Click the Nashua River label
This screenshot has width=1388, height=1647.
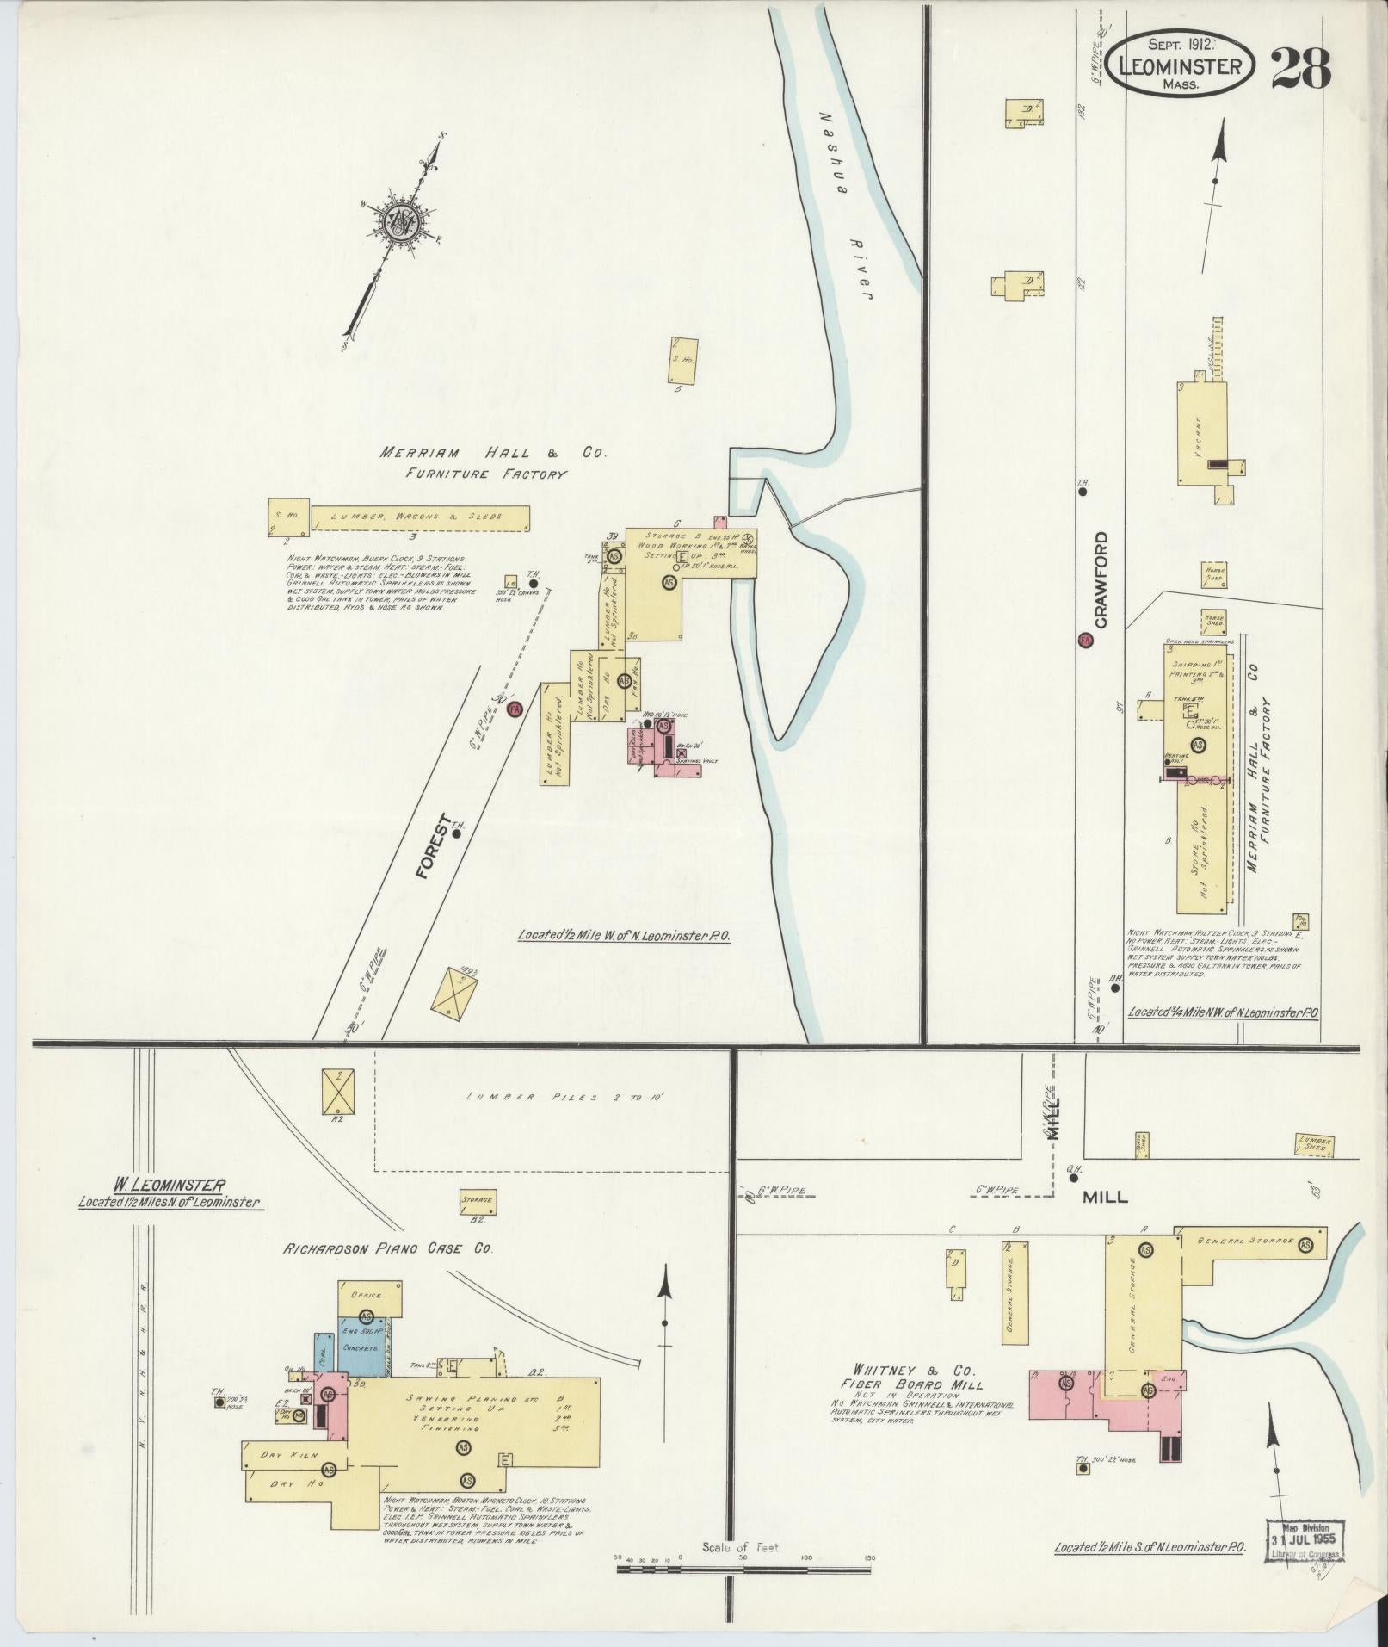pos(848,206)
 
